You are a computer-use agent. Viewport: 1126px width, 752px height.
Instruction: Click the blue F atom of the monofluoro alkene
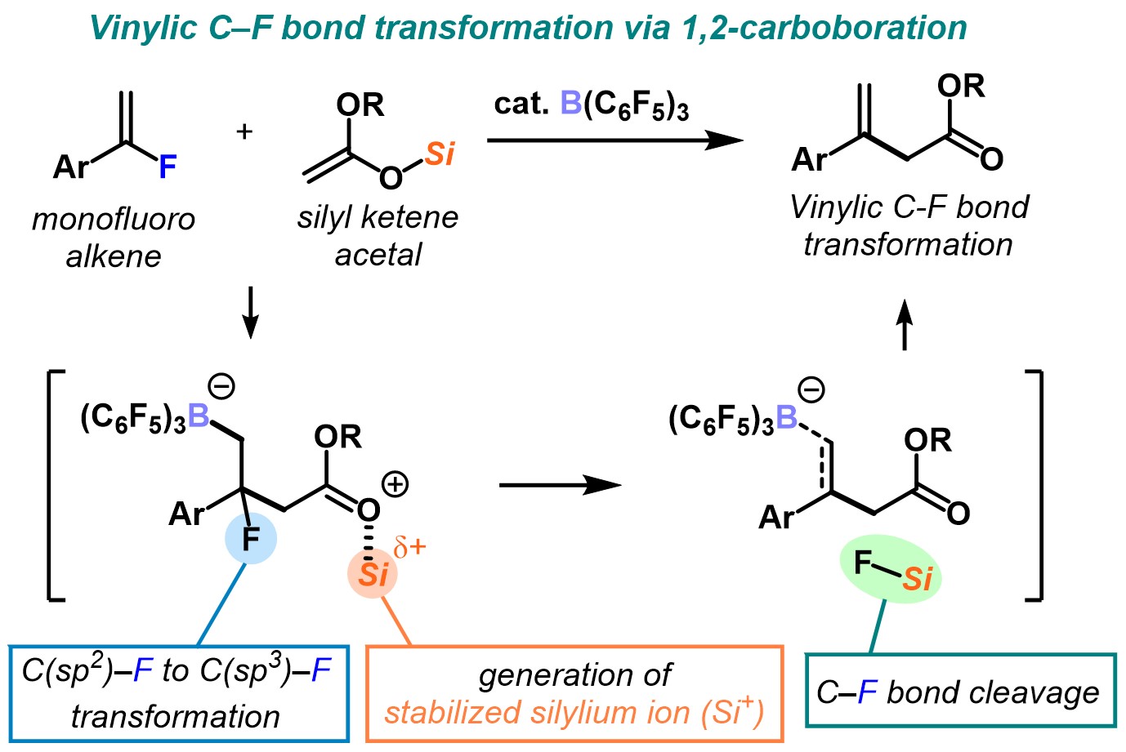point(168,167)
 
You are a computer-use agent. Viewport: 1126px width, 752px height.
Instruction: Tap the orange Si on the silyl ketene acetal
point(440,154)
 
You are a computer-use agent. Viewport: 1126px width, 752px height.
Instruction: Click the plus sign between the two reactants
point(244,131)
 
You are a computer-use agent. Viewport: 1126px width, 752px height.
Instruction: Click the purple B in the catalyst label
point(570,104)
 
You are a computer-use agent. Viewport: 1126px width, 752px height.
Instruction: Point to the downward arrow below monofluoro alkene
point(251,312)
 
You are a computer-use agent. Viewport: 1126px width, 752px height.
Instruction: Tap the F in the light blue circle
point(251,539)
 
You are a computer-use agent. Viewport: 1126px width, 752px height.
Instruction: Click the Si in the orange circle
point(373,575)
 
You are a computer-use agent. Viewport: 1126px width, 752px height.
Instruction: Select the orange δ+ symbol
point(410,547)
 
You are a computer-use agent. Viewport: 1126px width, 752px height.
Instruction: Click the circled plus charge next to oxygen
point(395,484)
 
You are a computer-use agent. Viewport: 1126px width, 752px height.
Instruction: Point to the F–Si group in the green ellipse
point(891,571)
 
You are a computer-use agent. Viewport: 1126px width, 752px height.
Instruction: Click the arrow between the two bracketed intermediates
point(560,485)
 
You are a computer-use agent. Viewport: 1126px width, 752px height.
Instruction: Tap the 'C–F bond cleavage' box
point(960,692)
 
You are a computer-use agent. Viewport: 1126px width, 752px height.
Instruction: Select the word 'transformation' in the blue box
point(176,717)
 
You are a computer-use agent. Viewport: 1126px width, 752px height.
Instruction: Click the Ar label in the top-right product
point(810,159)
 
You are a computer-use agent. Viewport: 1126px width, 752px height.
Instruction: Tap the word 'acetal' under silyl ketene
point(378,255)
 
